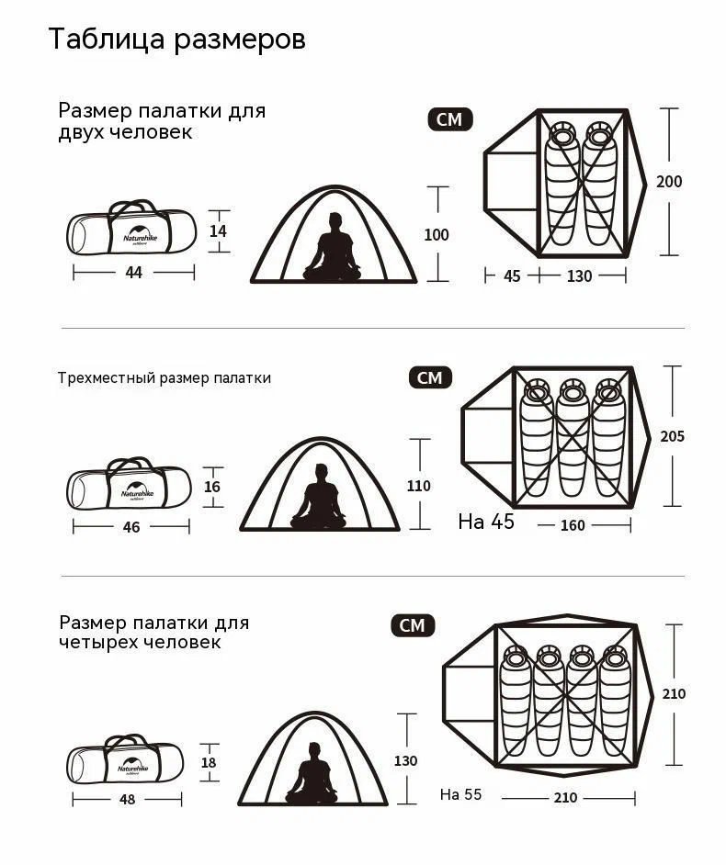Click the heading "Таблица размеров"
coord(177,39)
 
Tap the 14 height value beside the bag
coord(218,230)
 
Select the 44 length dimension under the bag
coord(133,272)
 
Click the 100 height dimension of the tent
coord(437,234)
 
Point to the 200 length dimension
coord(669,181)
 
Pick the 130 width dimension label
coord(579,275)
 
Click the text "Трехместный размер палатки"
coord(164,378)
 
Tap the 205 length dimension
coord(672,436)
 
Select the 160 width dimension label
coord(573,525)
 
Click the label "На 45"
coord(486,522)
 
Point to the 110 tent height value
coord(418,486)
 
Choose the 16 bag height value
coord(212,487)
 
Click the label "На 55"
coord(461,794)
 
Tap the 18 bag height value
coord(209,762)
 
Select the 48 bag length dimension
coord(127,800)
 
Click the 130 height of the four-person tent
coord(405,760)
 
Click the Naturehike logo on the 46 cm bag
coord(138,492)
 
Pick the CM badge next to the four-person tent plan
coord(413,625)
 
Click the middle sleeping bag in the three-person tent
coord(573,437)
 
